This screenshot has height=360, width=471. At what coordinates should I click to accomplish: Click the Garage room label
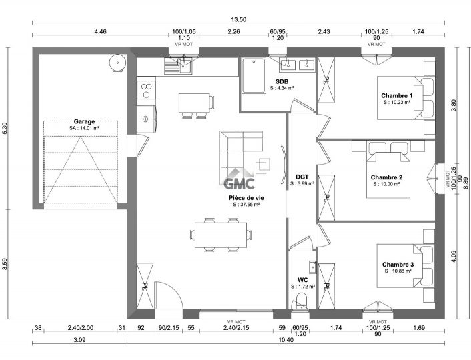(84, 121)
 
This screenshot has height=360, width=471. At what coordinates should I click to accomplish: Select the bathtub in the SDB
(254, 75)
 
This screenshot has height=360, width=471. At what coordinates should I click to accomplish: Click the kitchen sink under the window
(178, 66)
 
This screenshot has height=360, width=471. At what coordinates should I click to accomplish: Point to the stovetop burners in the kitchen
(146, 91)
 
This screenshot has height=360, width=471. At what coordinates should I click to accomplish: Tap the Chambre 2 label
(386, 177)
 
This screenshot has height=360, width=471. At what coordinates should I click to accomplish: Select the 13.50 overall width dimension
(239, 19)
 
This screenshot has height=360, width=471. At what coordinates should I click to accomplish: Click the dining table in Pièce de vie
(221, 235)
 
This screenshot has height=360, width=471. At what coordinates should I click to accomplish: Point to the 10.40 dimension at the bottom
(286, 340)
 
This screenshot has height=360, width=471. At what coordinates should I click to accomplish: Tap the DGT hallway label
(302, 177)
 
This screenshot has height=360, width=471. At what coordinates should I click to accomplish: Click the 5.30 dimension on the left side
(5, 128)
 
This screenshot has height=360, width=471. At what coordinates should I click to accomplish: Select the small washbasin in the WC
(313, 267)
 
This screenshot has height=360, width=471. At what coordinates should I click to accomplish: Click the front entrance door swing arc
(176, 290)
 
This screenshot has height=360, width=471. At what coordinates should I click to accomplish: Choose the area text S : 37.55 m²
(246, 205)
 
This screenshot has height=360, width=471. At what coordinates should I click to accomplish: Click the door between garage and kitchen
(142, 145)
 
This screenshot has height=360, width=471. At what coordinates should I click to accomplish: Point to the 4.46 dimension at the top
(100, 31)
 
